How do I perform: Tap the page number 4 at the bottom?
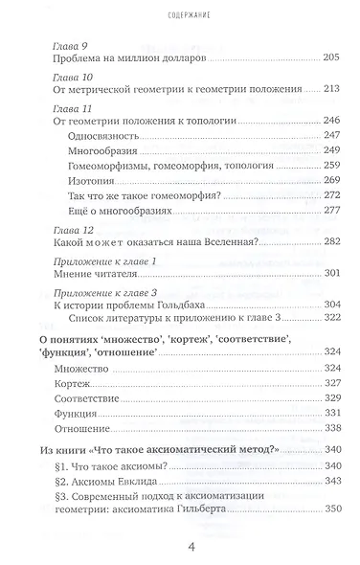pyautogui.click(x=180, y=547)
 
